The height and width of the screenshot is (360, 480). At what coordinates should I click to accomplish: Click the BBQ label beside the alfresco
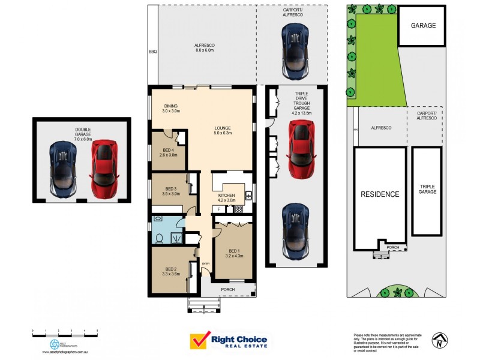click(152, 52)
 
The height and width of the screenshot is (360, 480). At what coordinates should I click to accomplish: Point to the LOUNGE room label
click(223, 130)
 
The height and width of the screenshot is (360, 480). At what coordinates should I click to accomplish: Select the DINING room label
click(171, 109)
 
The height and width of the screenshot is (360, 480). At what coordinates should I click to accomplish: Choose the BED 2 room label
click(171, 271)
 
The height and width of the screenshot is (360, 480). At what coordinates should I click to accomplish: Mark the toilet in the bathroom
click(160, 239)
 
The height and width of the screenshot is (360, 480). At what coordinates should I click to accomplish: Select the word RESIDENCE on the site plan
click(379, 194)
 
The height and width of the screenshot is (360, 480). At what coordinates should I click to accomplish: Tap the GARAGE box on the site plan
click(423, 26)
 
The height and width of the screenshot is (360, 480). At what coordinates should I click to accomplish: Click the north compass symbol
click(440, 340)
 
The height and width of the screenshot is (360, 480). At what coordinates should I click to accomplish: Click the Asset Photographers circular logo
click(55, 344)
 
